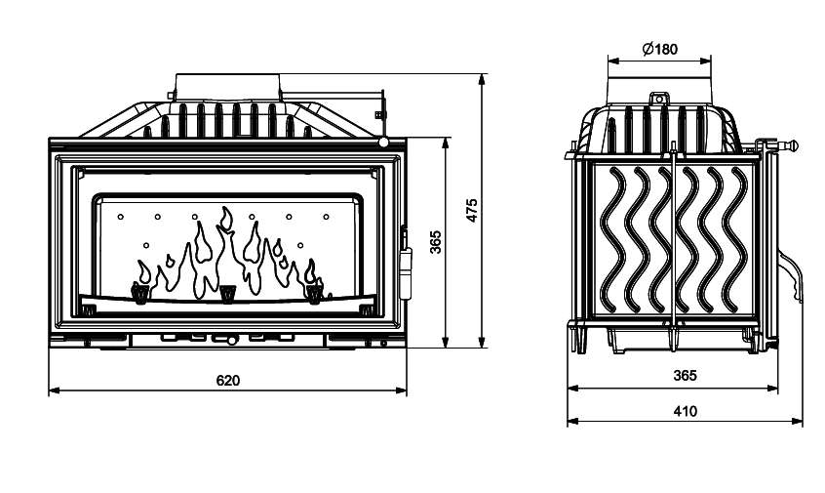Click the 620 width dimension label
tap(227, 380)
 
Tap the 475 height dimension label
tap(472, 212)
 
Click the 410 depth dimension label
tap(685, 411)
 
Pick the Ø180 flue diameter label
tap(660, 49)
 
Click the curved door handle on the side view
tap(797, 278)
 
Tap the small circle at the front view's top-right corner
tap(385, 143)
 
